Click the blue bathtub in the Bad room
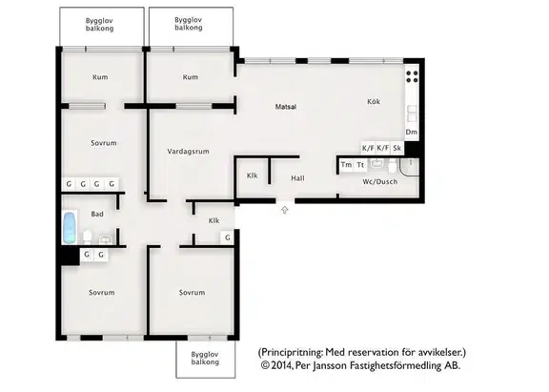70,227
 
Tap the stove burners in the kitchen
412,76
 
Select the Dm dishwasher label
412,132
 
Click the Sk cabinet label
396,148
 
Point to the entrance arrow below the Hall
285,210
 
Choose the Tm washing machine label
346,165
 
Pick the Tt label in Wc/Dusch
360,165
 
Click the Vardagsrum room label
188,152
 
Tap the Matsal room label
286,107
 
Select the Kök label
374,102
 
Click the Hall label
297,178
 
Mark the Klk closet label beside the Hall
252,175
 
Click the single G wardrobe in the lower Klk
228,237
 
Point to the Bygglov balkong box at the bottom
206,359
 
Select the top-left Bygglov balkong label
100,25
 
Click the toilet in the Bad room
87,237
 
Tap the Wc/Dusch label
380,182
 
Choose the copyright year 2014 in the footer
281,365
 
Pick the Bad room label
97,214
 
